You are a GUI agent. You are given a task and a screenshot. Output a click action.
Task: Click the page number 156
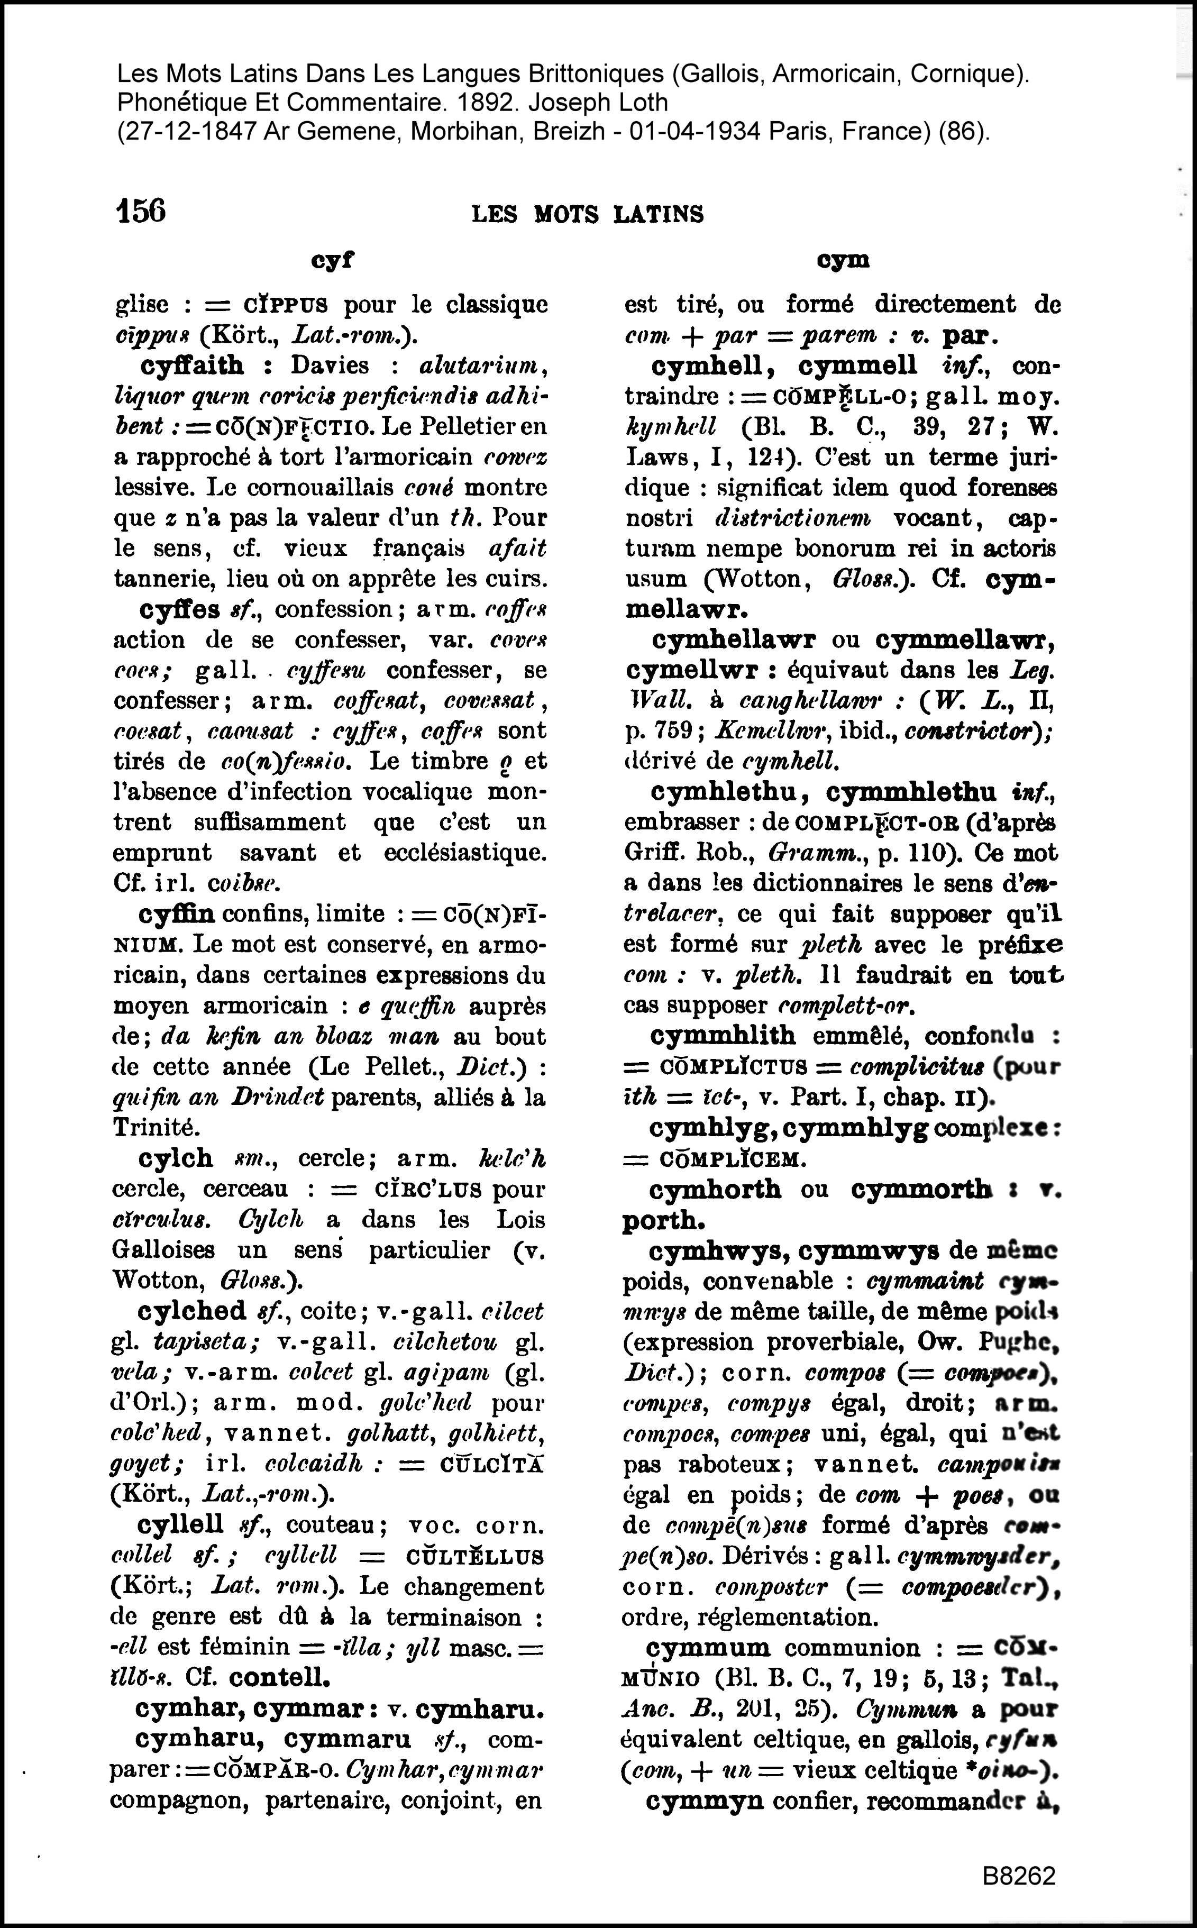[141, 212]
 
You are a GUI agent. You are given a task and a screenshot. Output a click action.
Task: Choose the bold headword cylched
[191, 1311]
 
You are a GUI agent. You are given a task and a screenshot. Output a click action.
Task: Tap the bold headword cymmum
[709, 1648]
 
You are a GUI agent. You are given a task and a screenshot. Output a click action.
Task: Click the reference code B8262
[1019, 1877]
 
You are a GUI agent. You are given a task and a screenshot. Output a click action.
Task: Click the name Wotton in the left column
[147, 1281]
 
